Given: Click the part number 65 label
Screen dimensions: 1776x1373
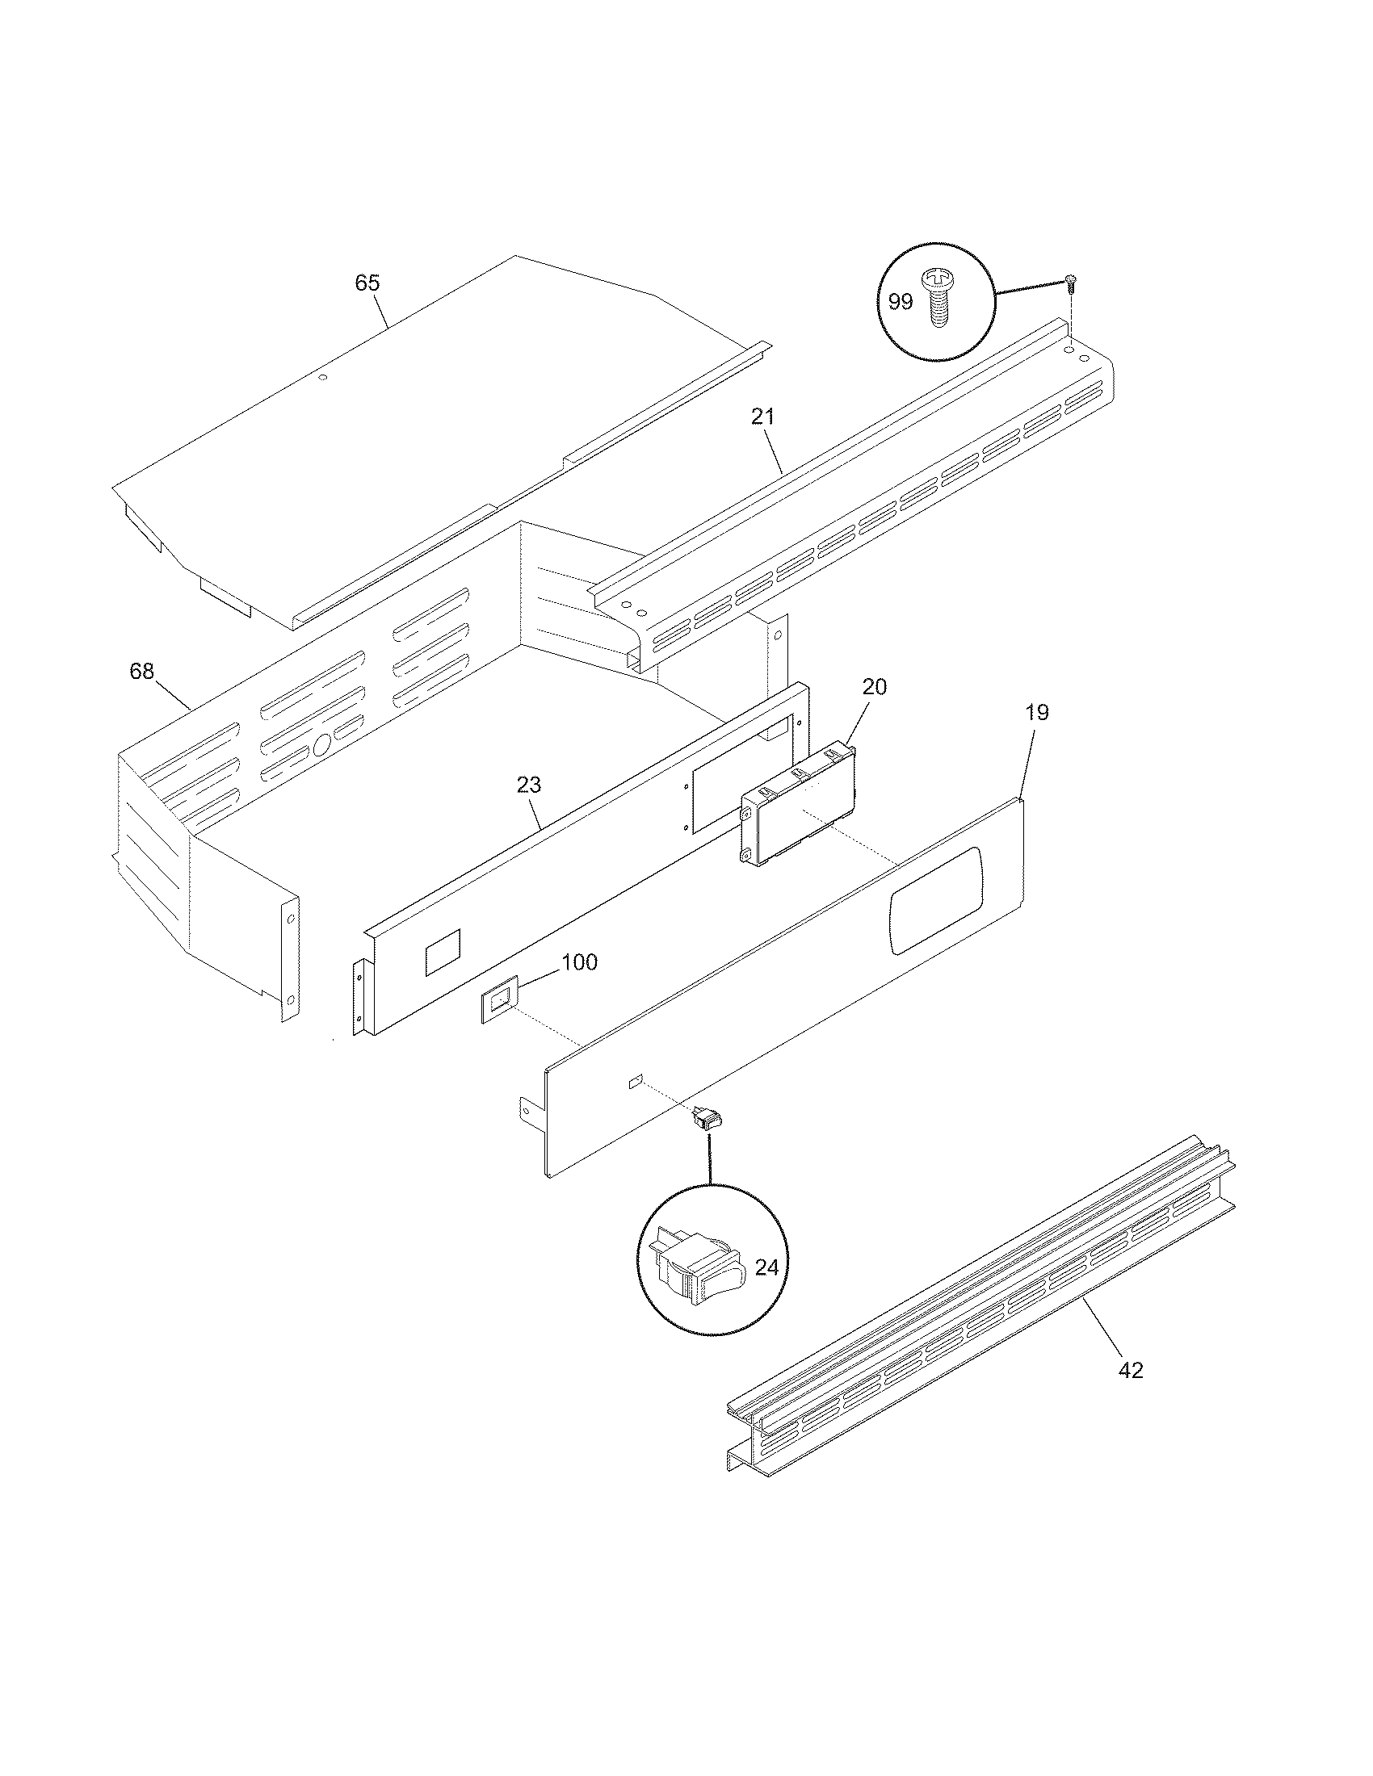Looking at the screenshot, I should (367, 283).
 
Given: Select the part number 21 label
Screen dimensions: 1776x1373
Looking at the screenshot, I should (762, 417).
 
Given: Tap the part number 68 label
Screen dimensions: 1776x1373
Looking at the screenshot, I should (141, 672).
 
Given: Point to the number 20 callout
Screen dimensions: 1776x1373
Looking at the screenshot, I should (874, 687).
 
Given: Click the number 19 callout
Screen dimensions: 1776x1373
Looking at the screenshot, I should (1036, 712).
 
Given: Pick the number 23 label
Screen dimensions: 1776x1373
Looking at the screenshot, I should (528, 785).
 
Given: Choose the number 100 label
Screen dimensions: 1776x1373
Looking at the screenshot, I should (579, 962).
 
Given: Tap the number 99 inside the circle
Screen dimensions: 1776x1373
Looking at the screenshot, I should (901, 302).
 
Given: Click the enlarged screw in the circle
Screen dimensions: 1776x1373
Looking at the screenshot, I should (940, 299).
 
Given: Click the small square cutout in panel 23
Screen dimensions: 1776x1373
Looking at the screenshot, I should (443, 953).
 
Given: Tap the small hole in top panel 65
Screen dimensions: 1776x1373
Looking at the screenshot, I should (323, 378).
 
